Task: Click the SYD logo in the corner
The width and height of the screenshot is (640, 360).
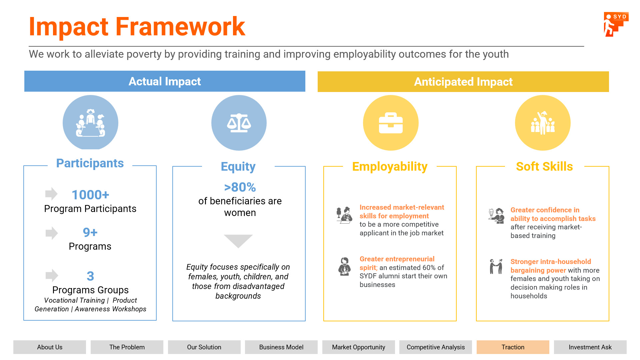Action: pyautogui.click(x=616, y=24)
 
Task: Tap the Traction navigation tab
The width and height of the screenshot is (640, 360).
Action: pyautogui.click(x=513, y=347)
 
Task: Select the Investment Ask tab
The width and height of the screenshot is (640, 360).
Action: pyautogui.click(x=590, y=347)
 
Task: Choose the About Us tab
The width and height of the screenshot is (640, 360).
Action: pyautogui.click(x=50, y=347)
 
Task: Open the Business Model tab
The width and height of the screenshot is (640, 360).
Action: pyautogui.click(x=281, y=347)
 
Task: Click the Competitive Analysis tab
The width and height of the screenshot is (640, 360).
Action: pyautogui.click(x=436, y=347)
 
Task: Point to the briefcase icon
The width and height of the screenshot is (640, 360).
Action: pyautogui.click(x=391, y=123)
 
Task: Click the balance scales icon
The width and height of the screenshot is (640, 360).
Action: pyautogui.click(x=239, y=123)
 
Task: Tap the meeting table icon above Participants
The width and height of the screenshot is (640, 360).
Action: pyautogui.click(x=90, y=123)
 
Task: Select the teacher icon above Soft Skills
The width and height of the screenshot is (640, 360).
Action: pyautogui.click(x=543, y=123)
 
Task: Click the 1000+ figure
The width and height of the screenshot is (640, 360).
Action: pyautogui.click(x=90, y=195)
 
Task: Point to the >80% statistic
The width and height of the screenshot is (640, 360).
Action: pyautogui.click(x=240, y=187)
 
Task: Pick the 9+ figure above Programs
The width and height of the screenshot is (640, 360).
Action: pyautogui.click(x=90, y=232)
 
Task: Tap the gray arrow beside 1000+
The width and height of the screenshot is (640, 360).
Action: pyautogui.click(x=51, y=194)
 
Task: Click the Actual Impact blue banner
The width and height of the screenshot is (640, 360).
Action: pyautogui.click(x=165, y=81)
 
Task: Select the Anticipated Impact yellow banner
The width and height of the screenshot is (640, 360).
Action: pyautogui.click(x=463, y=82)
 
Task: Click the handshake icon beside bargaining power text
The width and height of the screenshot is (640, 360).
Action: pyautogui.click(x=496, y=266)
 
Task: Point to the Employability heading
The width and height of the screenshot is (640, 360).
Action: pyautogui.click(x=390, y=166)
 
